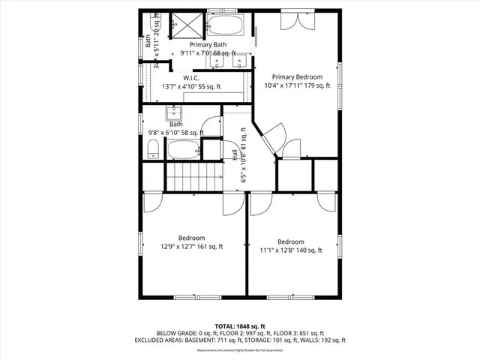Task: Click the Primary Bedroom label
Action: pyautogui.click(x=297, y=76)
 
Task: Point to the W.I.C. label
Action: pyautogui.click(x=190, y=78)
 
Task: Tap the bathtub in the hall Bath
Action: pyautogui.click(x=184, y=149)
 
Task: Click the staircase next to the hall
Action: pyautogui.click(x=193, y=178)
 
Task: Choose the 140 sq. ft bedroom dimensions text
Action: pyautogui.click(x=291, y=250)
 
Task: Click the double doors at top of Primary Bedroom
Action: pyautogui.click(x=292, y=20)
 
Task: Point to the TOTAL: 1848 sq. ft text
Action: pyautogui.click(x=240, y=326)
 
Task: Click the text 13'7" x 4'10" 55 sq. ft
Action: pyautogui.click(x=193, y=87)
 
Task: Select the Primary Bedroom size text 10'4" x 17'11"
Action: pyautogui.click(x=297, y=85)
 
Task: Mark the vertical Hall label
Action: pyautogui.click(x=235, y=156)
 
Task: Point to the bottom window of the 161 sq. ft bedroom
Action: pyautogui.click(x=193, y=297)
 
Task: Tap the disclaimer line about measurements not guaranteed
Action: pyautogui.click(x=240, y=349)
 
